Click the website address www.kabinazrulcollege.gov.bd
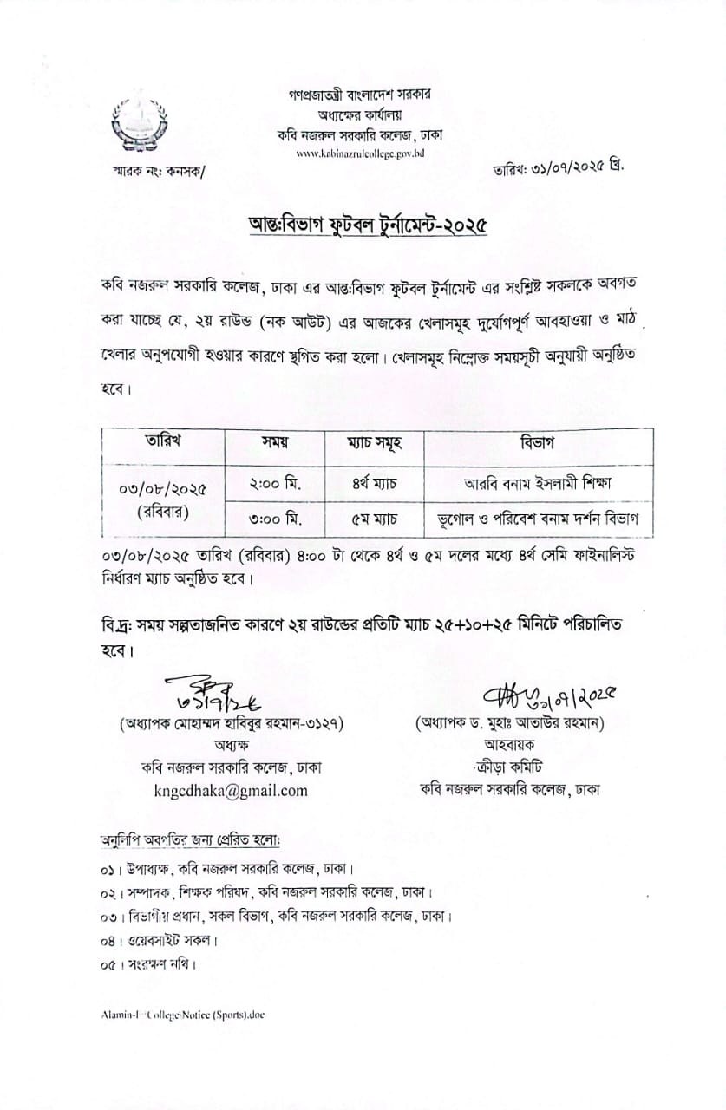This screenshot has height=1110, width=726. pos(360,153)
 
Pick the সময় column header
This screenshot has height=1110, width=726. pos(275,441)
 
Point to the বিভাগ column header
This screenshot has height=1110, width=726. pos(538,442)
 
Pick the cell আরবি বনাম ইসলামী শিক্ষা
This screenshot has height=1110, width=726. pos(539,482)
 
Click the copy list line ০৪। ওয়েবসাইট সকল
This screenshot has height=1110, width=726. pos(159,940)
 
